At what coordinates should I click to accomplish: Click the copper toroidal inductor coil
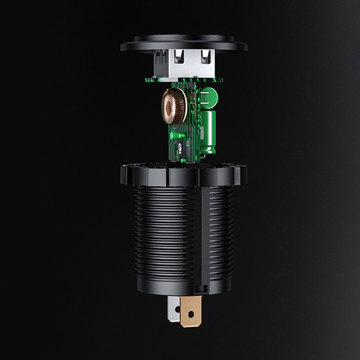coord(173,107)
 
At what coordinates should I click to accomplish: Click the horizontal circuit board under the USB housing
coord(184,81)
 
